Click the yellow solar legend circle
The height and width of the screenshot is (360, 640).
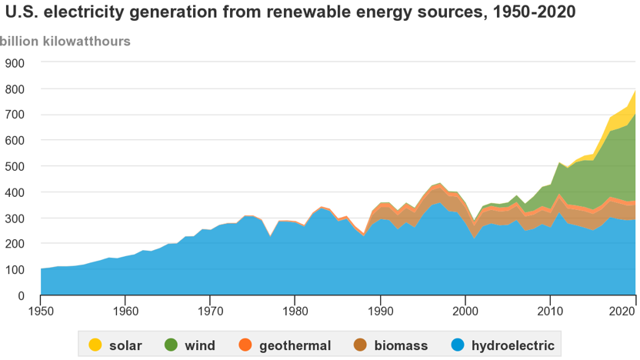click(95, 345)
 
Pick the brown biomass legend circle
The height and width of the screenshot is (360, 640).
click(361, 345)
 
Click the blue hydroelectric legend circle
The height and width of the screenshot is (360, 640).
click(458, 345)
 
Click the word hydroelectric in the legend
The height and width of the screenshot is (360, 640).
click(512, 345)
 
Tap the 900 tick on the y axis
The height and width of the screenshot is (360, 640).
click(15, 63)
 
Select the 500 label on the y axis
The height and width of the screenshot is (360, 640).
click(15, 166)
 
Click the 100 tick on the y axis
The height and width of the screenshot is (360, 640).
click(15, 270)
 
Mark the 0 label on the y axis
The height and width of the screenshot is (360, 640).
click(22, 295)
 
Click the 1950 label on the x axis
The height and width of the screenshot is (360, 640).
click(41, 311)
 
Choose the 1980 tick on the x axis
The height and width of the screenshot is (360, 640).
click(295, 311)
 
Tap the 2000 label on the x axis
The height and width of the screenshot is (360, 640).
click(465, 311)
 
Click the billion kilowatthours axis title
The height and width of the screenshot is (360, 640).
click(65, 41)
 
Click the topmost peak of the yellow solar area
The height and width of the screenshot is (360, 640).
click(635, 91)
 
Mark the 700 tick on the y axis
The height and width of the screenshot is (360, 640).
click(15, 115)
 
